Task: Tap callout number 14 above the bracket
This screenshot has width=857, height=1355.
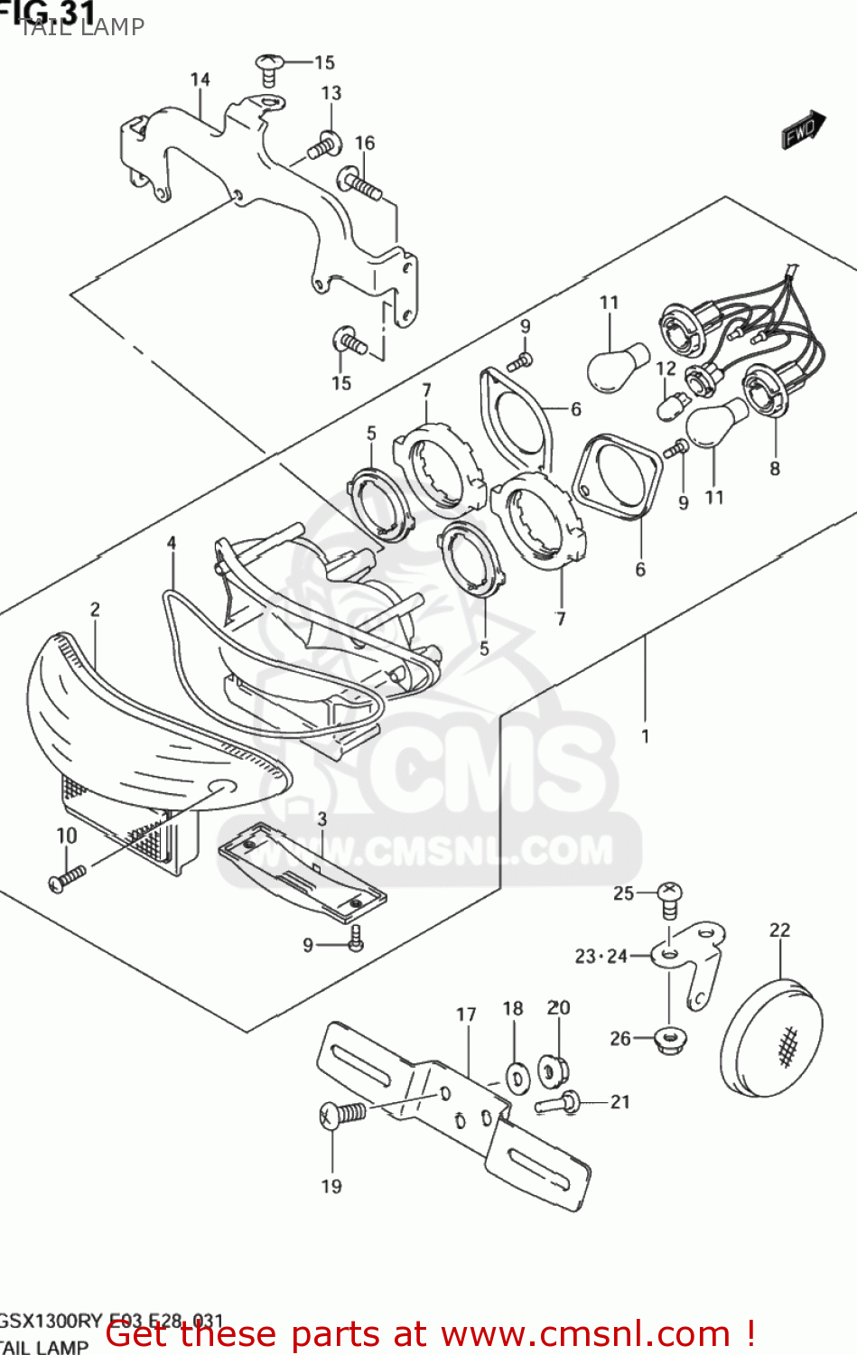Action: [200, 79]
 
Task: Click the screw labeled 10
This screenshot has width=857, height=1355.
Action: [68, 878]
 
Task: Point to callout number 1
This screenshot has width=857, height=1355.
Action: [646, 736]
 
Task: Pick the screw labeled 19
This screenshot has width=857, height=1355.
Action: [343, 1115]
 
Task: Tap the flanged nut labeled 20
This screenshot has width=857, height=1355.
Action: [553, 1071]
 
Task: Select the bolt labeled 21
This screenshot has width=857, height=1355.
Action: [559, 1102]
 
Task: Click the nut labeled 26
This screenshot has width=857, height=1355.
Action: [669, 1040]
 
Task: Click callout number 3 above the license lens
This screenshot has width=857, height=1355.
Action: [321, 819]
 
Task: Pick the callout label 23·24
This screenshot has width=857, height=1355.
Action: [601, 957]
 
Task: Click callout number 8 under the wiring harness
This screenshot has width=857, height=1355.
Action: [775, 468]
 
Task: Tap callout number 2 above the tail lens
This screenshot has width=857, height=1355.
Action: [95, 610]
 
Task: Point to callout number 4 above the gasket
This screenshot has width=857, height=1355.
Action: [172, 543]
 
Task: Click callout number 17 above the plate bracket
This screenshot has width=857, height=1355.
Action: [466, 1014]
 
